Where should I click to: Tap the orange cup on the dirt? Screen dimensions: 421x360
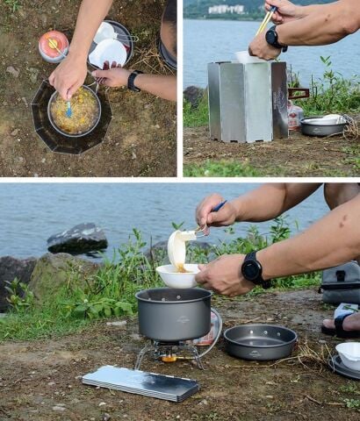point(53,46)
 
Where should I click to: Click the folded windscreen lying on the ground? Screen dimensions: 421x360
point(140,382)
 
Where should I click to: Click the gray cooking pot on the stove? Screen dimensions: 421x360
point(174,313)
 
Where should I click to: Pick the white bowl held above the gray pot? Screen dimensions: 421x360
point(177,275)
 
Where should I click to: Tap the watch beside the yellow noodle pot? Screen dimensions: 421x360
point(133,81)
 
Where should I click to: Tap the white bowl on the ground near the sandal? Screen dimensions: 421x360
point(349,353)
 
